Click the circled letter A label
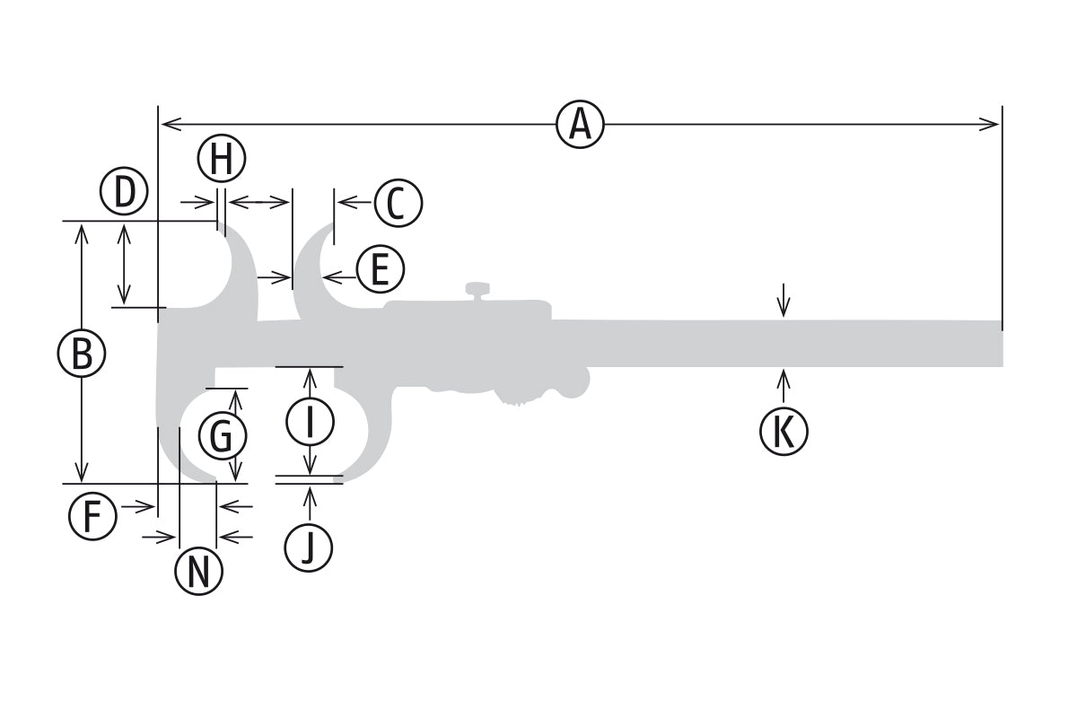[580, 124]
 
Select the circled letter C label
[398, 203]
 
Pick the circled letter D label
[124, 191]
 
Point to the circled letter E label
[380, 269]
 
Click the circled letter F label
[93, 517]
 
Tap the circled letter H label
[222, 160]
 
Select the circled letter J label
[309, 547]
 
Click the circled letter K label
[784, 432]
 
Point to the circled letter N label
[198, 570]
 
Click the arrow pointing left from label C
[346, 203]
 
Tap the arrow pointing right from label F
[147, 507]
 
